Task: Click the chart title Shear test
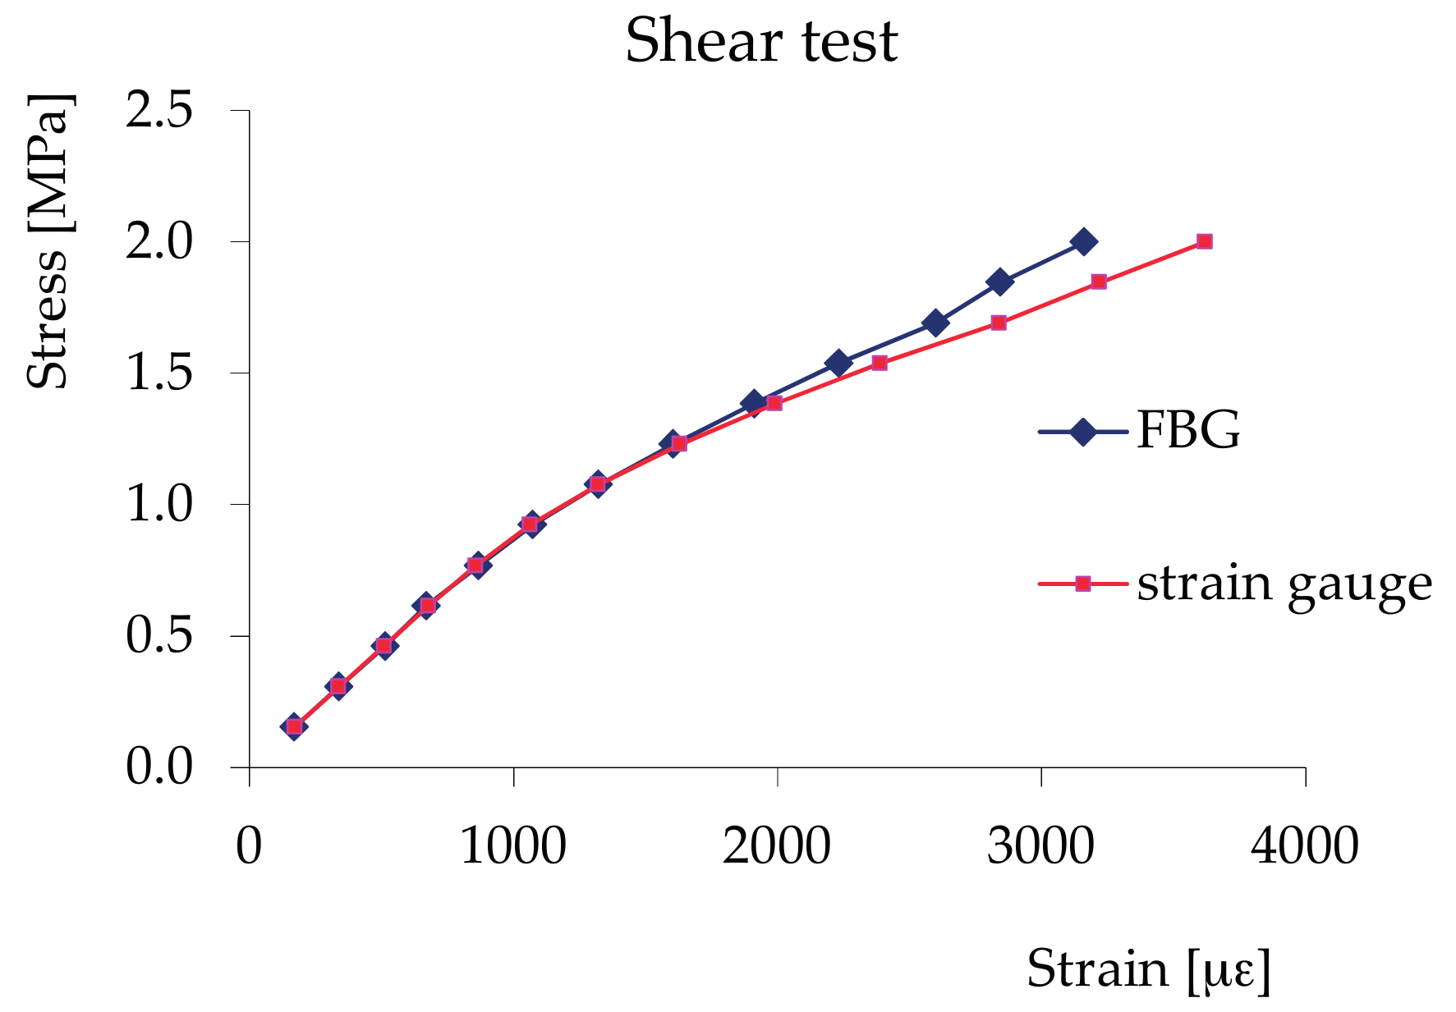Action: tap(761, 41)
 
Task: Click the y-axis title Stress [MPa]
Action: tap(48, 241)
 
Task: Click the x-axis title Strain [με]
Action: tap(1148, 969)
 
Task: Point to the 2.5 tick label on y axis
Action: tap(158, 109)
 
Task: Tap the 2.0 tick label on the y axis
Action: tap(158, 241)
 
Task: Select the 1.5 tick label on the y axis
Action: tap(158, 373)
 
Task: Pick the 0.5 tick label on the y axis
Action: tap(158, 635)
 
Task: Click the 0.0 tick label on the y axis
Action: tap(158, 767)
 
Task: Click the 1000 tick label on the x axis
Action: tap(512, 845)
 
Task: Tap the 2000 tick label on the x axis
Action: tap(776, 845)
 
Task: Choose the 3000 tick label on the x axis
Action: tap(1040, 845)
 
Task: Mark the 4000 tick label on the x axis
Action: tap(1304, 845)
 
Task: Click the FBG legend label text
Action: tap(1187, 429)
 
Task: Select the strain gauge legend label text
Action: tap(1284, 584)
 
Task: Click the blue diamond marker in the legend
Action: tap(1083, 431)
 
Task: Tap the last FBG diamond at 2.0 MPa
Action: tap(1083, 242)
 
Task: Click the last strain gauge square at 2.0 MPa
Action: tap(1204, 241)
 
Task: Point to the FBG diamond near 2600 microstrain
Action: tap(935, 323)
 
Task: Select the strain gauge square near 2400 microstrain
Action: tap(880, 363)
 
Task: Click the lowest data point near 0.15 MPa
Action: tap(294, 726)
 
